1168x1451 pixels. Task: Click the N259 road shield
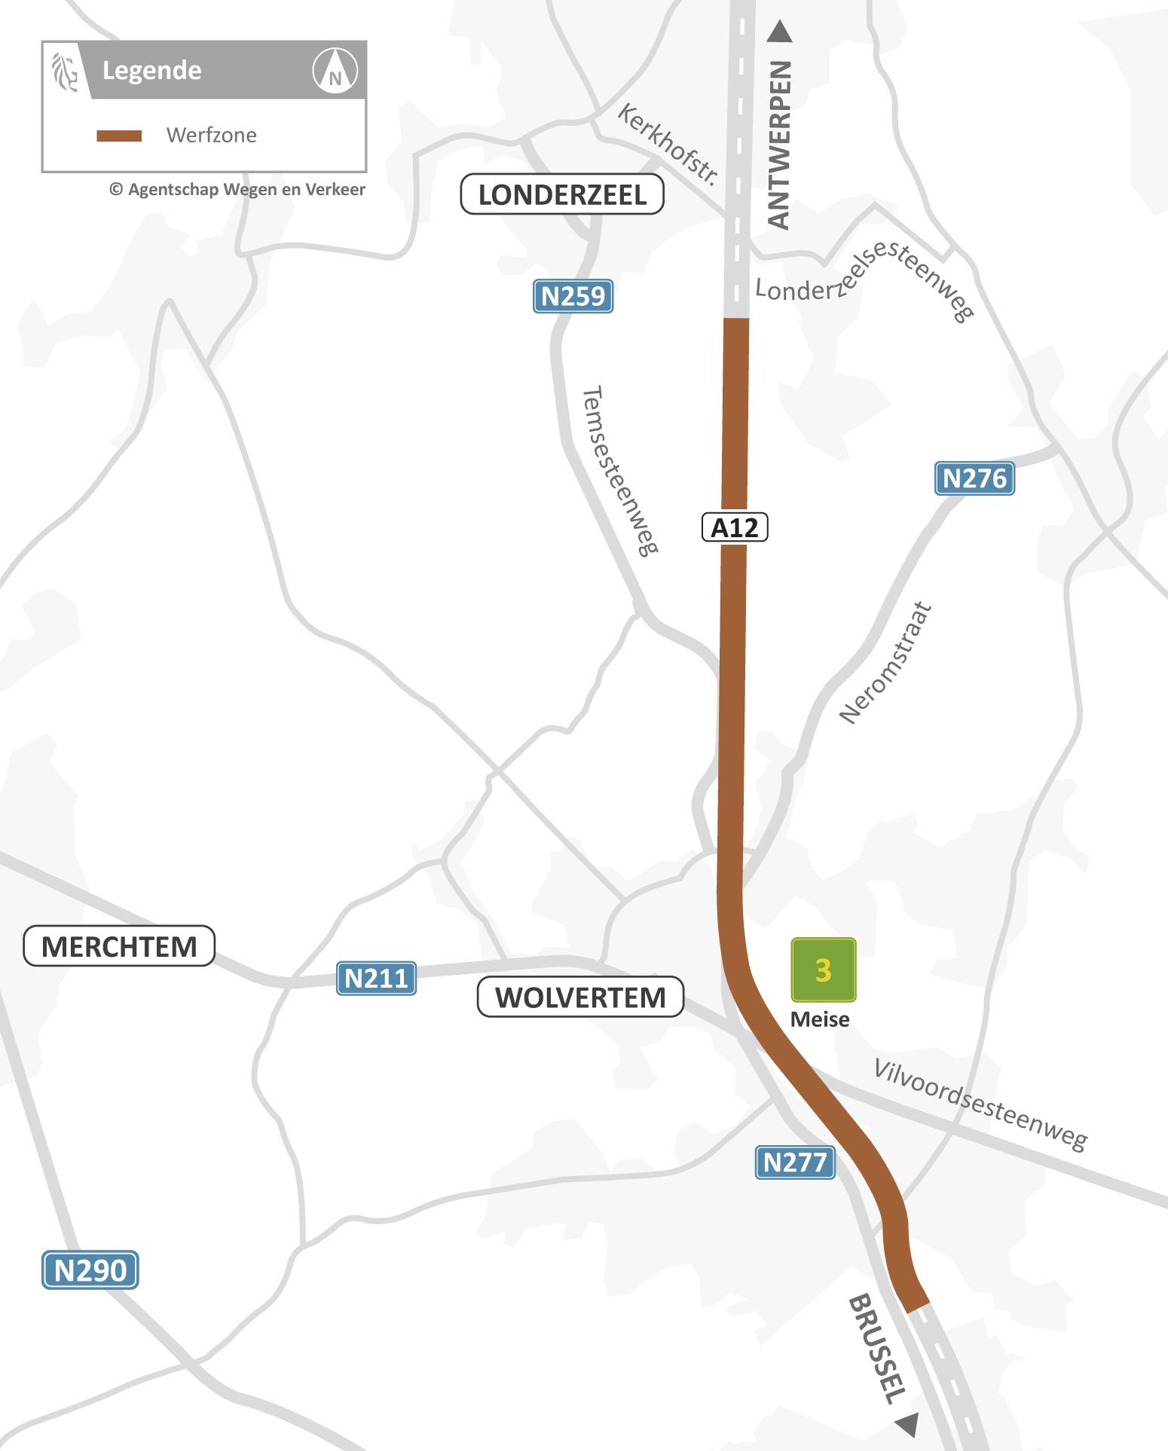click(573, 296)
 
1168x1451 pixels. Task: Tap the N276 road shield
click(974, 478)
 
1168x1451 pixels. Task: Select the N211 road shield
click(376, 978)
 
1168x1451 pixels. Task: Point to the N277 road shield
click(794, 1162)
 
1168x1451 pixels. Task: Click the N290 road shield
click(90, 1270)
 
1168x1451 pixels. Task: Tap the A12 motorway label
click(735, 527)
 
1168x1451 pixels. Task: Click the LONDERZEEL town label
click(562, 194)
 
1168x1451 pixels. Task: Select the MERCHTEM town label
click(119, 946)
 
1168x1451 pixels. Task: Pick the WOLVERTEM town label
click(580, 997)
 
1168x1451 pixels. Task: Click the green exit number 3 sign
click(823, 970)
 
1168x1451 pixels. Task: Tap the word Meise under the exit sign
click(820, 1019)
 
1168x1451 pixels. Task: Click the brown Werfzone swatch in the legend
click(119, 136)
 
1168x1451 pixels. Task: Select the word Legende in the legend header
click(152, 71)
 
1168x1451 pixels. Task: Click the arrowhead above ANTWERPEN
click(779, 32)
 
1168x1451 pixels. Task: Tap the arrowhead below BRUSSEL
click(908, 1424)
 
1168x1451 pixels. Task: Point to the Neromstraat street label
click(886, 663)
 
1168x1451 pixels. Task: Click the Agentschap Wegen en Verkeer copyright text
click(237, 189)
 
